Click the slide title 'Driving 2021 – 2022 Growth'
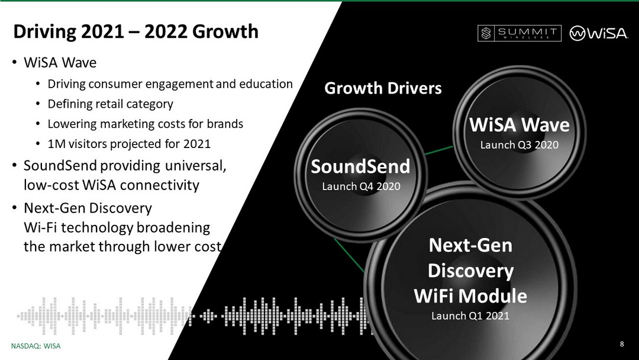pos(135,32)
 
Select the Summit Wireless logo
pos(519,33)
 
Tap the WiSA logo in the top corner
pos(598,33)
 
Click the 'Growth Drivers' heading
pos(383,88)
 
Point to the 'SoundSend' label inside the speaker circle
pos(361,166)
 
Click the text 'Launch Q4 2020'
pos(361,187)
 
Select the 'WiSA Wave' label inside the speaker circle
pos(519,125)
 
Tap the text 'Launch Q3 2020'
pos(519,144)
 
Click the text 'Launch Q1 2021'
pos(470,316)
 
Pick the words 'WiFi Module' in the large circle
pos(470,296)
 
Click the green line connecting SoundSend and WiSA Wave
pos(439,150)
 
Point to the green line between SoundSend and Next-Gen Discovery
pos(349,255)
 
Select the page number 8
pos(621,343)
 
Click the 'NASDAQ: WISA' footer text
pos(36,346)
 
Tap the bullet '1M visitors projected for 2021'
pos(129,144)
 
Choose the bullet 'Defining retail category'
pos(111,104)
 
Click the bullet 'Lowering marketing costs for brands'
pos(146,124)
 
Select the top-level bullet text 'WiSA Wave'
pos(60,63)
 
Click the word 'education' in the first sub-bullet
pos(266,84)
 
